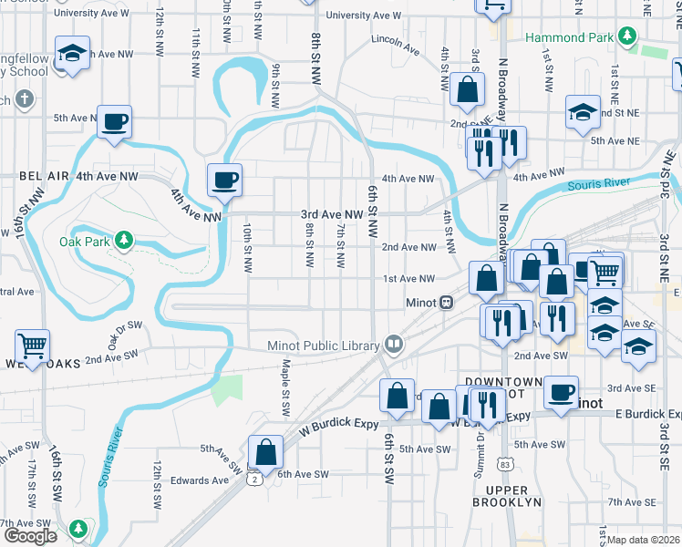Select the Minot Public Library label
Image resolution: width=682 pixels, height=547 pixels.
tap(323, 346)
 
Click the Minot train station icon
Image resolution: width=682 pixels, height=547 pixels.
tap(447, 303)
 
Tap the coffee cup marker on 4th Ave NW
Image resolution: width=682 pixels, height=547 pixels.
tap(224, 179)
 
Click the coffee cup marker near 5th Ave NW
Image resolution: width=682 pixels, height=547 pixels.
tap(115, 121)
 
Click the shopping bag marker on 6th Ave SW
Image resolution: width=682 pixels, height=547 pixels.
tap(265, 451)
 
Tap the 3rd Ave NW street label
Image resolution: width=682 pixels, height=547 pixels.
tap(333, 215)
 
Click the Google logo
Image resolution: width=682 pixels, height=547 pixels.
tap(30, 535)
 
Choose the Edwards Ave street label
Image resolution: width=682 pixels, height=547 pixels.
tap(199, 480)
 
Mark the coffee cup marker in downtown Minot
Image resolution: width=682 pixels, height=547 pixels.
tap(561, 392)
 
